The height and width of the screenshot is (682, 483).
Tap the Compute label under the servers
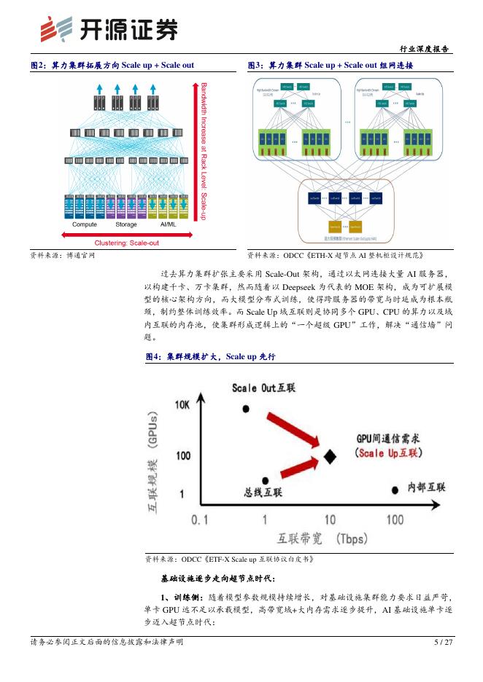click(x=84, y=224)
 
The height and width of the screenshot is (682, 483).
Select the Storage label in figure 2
click(x=125, y=224)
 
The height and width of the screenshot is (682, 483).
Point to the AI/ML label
click(x=168, y=224)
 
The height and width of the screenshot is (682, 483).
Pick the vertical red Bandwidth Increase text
click(x=204, y=153)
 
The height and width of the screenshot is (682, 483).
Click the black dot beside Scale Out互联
click(x=245, y=408)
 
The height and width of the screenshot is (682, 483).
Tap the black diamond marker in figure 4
click(x=330, y=456)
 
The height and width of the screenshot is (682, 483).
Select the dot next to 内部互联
click(x=395, y=490)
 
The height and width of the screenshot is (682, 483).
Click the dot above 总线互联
click(x=266, y=480)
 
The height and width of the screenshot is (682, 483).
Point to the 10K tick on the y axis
click(x=182, y=405)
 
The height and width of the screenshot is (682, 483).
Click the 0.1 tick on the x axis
click(x=200, y=520)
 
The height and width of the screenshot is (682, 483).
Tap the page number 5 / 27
click(x=443, y=642)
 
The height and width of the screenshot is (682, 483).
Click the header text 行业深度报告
click(x=426, y=48)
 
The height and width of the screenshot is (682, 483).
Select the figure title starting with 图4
click(x=211, y=356)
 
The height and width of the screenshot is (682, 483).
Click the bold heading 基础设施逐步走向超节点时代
click(x=217, y=578)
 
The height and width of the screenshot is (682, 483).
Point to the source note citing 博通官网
click(x=62, y=254)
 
